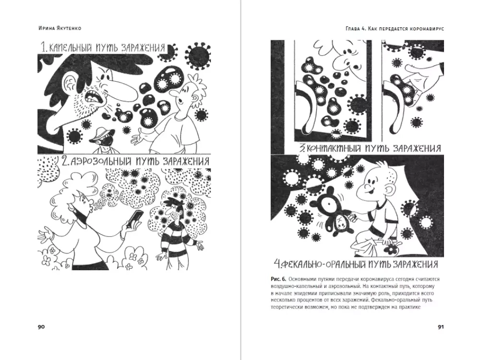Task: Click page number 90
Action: point(41,326)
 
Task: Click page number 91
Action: point(441,326)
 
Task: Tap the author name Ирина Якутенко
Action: point(60,28)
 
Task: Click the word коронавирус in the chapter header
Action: point(429,28)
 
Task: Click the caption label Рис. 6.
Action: point(278,279)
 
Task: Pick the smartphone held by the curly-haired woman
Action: point(135,218)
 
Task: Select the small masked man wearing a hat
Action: point(103,140)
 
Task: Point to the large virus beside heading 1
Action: point(199,55)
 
